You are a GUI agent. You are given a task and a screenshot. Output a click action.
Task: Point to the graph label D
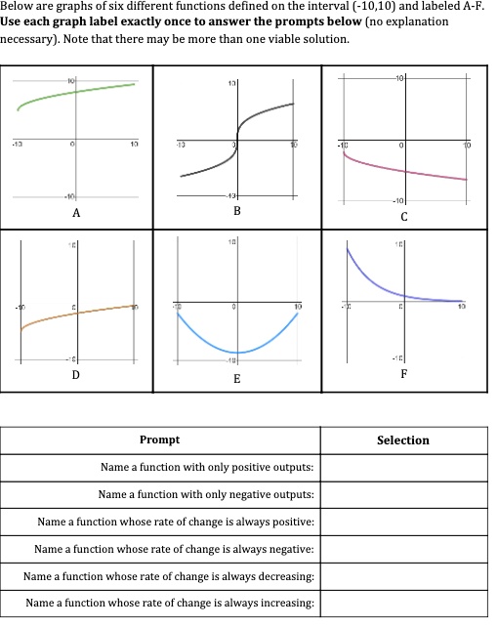pyautogui.click(x=76, y=374)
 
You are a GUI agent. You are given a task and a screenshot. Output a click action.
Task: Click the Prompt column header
pyautogui.click(x=159, y=440)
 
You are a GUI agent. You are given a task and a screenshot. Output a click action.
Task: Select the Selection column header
pyautogui.click(x=403, y=440)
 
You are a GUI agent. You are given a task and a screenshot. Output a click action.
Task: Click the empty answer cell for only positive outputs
pyautogui.click(x=403, y=468)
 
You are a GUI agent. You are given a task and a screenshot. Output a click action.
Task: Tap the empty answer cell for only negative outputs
pyautogui.click(x=403, y=495)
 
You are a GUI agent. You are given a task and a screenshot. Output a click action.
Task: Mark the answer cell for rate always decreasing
pyautogui.click(x=403, y=577)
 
